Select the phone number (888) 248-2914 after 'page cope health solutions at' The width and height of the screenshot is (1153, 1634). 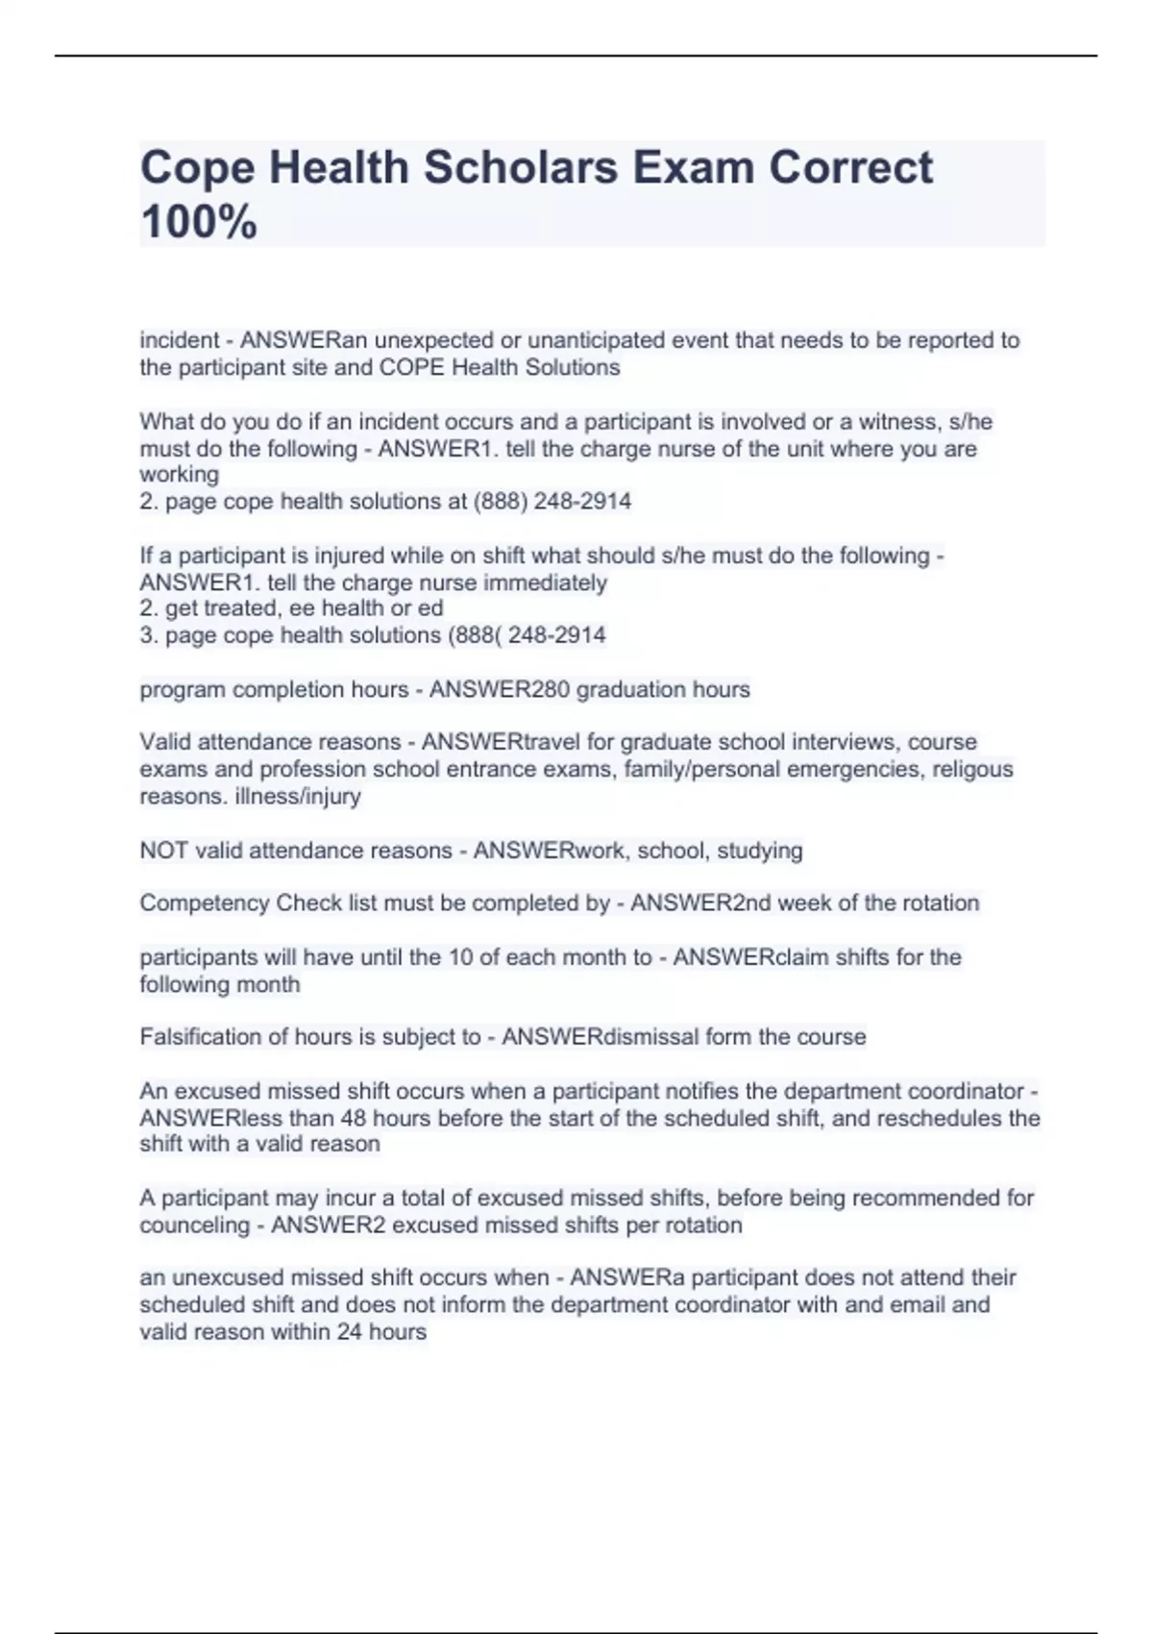[552, 501]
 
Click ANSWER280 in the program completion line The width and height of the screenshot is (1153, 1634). [498, 689]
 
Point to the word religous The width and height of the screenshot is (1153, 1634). [973, 769]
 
